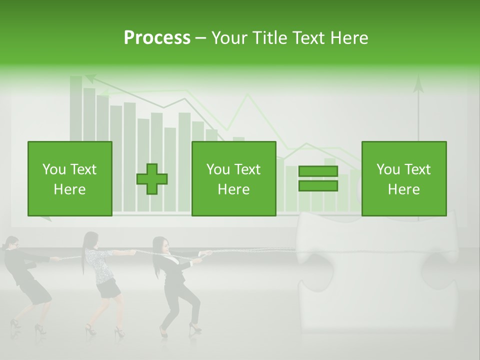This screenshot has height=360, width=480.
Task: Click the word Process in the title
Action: click(157, 38)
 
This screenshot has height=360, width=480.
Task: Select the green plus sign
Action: click(152, 179)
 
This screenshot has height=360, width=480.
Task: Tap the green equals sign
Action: click(318, 178)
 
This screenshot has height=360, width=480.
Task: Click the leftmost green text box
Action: click(69, 178)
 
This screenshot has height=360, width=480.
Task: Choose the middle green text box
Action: click(233, 178)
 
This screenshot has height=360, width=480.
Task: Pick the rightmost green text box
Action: click(403, 178)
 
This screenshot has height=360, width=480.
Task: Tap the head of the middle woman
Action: click(90, 239)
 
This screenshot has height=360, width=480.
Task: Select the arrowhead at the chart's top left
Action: click(90, 78)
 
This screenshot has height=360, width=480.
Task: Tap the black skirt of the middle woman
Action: click(108, 288)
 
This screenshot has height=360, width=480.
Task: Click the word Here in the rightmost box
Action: click(403, 189)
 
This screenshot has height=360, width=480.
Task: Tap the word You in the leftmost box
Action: click(54, 169)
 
